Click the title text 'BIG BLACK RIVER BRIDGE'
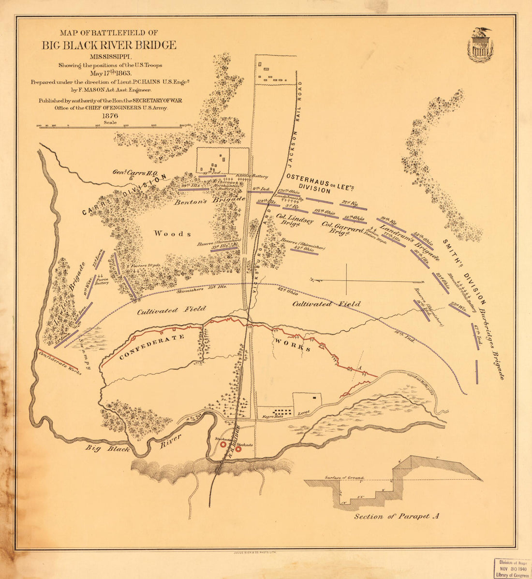[109, 45]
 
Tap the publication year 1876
[110, 115]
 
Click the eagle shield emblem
[480, 45]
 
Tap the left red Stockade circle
[223, 444]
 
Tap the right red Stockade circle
[238, 449]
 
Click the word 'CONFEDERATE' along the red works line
[152, 347]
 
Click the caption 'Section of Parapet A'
[396, 517]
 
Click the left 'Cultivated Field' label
[171, 311]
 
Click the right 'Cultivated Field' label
[326, 304]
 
